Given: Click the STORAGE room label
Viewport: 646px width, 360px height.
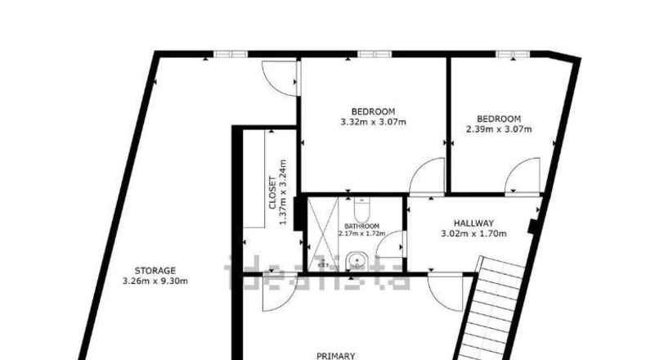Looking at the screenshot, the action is click(155, 271).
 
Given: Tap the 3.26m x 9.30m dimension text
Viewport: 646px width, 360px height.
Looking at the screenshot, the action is click(155, 281).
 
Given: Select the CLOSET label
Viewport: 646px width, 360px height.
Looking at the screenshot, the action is click(272, 192).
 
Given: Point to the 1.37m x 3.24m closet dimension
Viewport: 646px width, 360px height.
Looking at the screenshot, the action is click(283, 192).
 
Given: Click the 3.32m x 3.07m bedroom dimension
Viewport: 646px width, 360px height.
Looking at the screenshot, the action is click(373, 122).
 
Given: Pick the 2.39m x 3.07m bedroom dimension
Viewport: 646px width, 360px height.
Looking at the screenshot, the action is click(499, 129).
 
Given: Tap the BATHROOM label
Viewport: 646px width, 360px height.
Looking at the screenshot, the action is click(361, 227).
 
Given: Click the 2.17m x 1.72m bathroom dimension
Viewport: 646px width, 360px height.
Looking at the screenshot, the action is click(361, 233).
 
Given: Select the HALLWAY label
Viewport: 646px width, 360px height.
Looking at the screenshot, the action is click(473, 223).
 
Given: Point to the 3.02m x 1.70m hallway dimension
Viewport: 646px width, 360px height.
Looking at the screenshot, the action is click(473, 234).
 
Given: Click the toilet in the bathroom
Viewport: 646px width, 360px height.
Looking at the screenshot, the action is click(362, 209).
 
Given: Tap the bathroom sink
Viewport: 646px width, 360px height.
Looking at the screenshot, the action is click(357, 261).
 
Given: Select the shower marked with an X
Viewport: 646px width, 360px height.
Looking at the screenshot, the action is click(323, 234).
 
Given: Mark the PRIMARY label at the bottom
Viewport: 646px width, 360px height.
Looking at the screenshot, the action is click(336, 355).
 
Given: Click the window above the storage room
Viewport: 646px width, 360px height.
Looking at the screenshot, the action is click(231, 54).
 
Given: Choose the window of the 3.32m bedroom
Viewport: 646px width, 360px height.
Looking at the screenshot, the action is click(375, 54).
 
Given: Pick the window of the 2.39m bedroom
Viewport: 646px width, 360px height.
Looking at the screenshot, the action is click(513, 54).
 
